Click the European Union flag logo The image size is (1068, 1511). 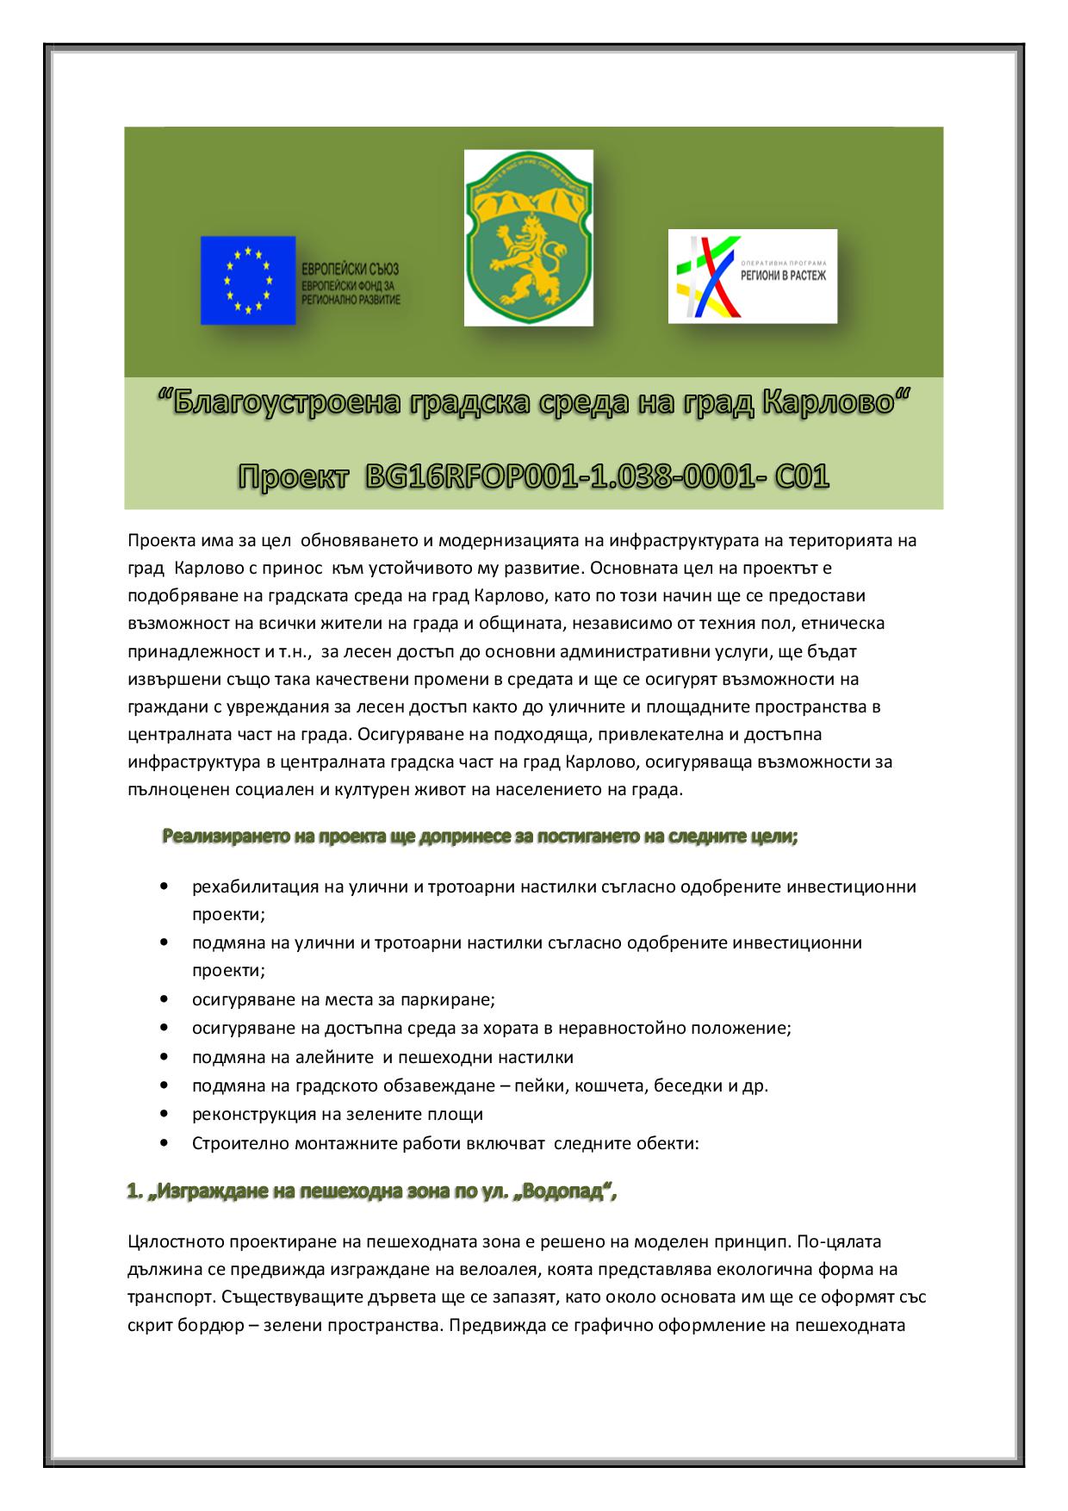(248, 280)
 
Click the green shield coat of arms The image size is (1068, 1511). (528, 239)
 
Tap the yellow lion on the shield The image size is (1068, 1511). (526, 258)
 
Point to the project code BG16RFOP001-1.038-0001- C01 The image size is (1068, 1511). (597, 476)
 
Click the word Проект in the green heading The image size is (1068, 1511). (294, 476)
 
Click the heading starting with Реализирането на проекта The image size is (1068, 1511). (480, 836)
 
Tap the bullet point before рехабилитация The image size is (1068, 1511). (164, 886)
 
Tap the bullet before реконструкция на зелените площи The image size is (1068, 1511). (164, 1114)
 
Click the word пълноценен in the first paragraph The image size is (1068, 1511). (171, 789)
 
